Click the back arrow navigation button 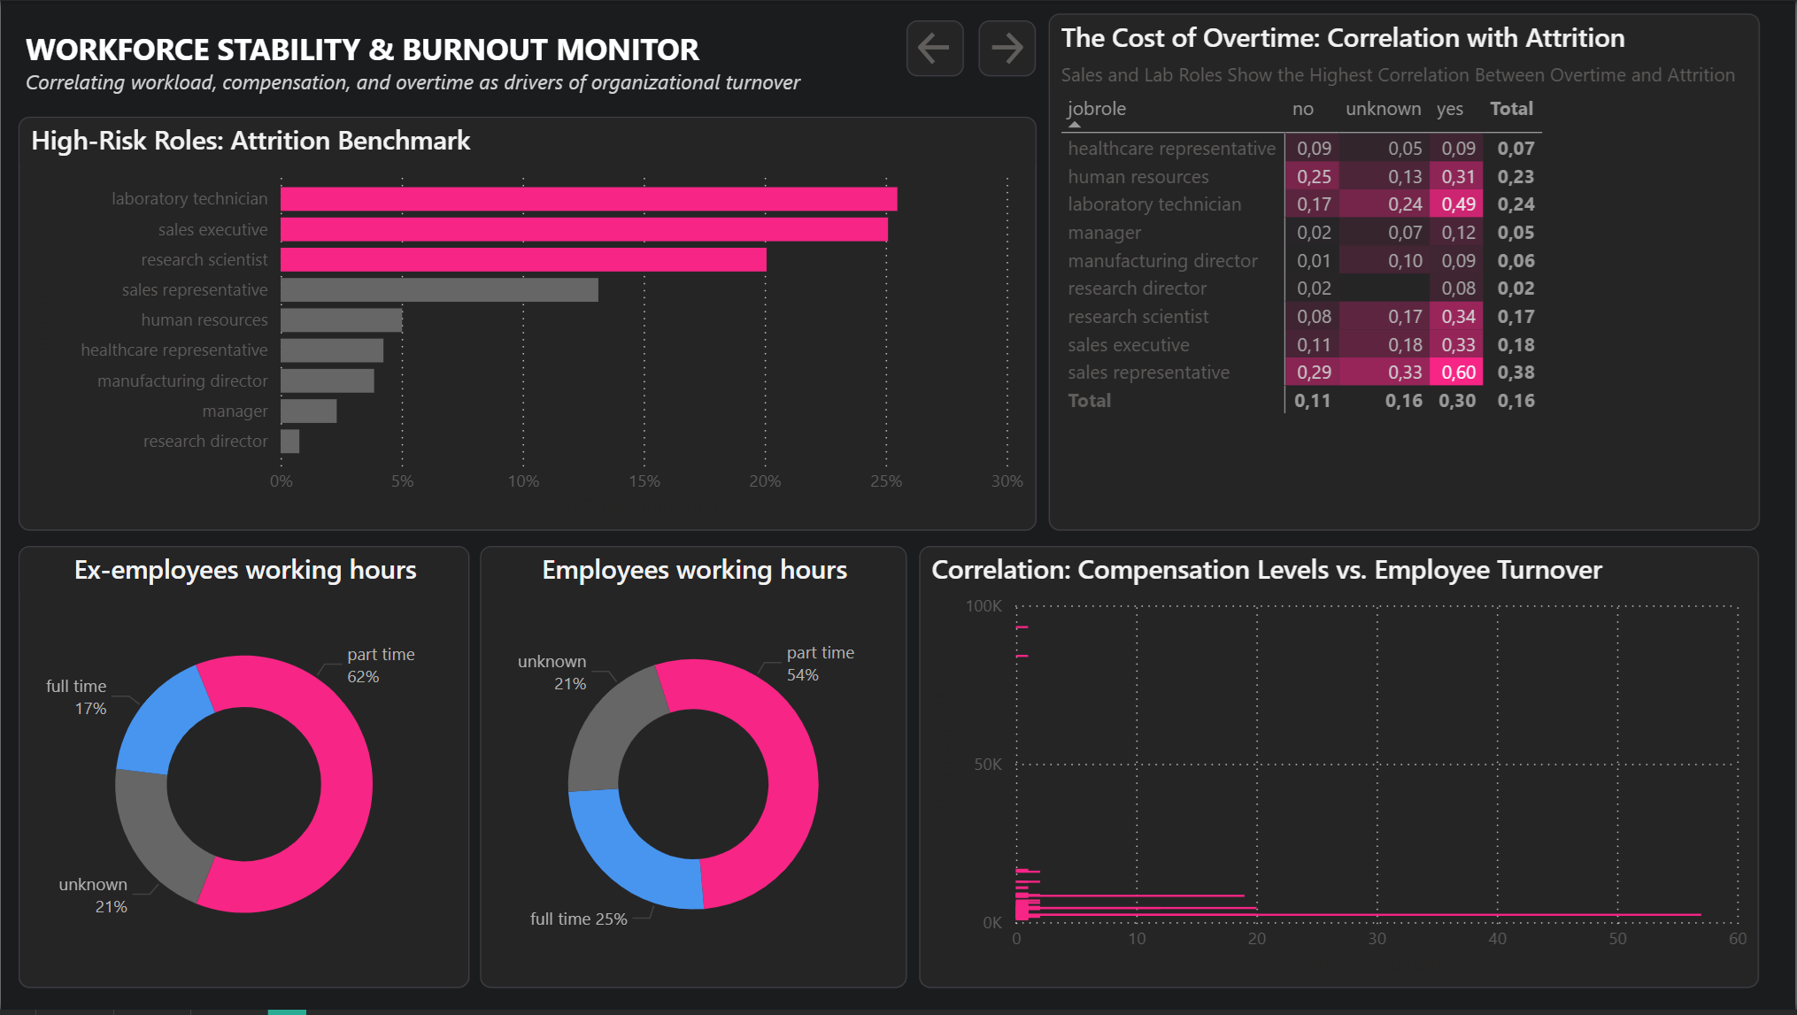click(934, 48)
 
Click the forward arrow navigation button click(1006, 48)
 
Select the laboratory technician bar click(589, 199)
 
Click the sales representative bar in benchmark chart click(439, 290)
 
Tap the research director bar click(289, 441)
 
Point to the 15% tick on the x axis click(644, 481)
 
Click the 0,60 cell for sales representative click(1458, 373)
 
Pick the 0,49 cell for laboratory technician click(1458, 204)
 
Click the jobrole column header click(1097, 109)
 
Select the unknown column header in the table click(1383, 109)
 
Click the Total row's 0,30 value click(1457, 401)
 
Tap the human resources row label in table click(1138, 177)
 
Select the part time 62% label click(380, 665)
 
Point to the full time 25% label click(578, 919)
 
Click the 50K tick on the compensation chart click(987, 765)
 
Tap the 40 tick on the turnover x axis click(1497, 939)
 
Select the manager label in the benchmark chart click(235, 411)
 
